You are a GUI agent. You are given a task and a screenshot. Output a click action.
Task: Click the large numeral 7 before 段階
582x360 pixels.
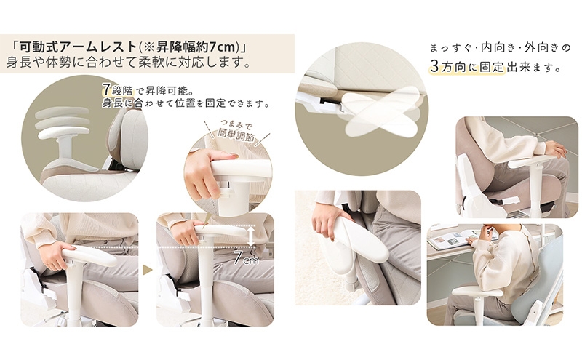[106, 89]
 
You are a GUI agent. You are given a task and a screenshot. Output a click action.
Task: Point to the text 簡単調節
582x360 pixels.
[236, 134]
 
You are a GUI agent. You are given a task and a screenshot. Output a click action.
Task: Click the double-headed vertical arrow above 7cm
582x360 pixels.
[251, 236]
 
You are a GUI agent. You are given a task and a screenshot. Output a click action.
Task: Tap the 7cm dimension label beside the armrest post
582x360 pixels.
[246, 257]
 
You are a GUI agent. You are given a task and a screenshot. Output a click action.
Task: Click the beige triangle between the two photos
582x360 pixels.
[148, 270]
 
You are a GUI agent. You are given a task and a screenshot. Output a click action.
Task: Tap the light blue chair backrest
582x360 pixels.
[544, 274]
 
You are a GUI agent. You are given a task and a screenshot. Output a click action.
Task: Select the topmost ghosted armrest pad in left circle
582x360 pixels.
[63, 112]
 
